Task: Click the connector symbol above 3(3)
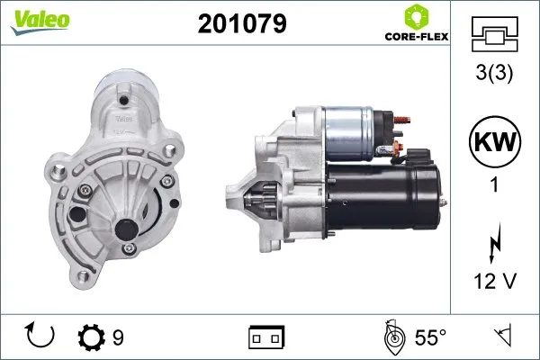495,36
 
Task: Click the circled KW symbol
495,142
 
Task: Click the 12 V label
495,283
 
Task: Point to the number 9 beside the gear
118,337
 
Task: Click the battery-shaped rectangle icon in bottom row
266,337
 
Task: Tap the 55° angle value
430,337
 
